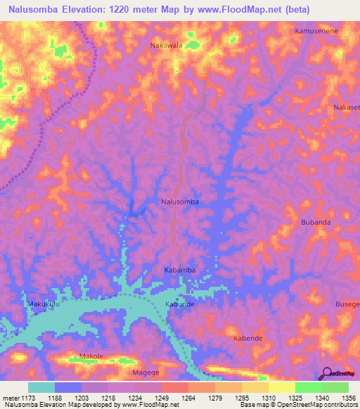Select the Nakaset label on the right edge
point(346,108)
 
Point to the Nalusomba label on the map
point(180,202)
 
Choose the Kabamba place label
point(179,270)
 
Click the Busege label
point(347,304)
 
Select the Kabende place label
point(247,338)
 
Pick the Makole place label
point(91,356)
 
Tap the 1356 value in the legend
point(347,398)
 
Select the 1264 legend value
point(188,398)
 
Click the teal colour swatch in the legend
point(41,387)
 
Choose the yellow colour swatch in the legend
point(281,387)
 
